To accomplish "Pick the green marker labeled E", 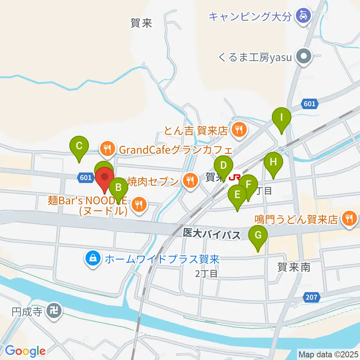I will click(237, 195).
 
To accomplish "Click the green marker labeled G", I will click(258, 236).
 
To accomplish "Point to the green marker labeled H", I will click(273, 163).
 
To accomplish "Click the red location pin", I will click(105, 178).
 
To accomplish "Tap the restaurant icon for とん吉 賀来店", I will click(239, 130).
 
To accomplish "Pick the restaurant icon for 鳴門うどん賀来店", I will click(349, 219).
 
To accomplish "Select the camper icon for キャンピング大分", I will click(303, 16).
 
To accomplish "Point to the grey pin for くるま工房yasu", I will click(303, 57).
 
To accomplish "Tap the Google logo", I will click(25, 351).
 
